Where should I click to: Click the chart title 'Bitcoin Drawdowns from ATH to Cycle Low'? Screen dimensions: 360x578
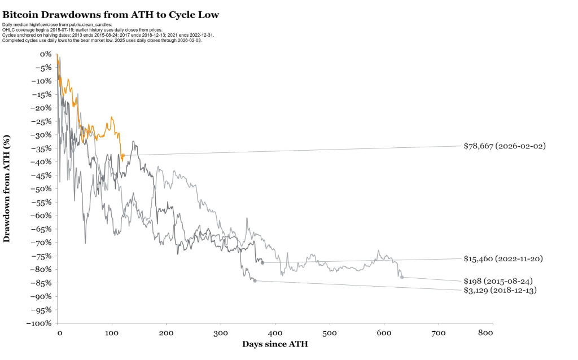click(x=111, y=14)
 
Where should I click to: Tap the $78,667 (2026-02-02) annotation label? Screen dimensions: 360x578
click(x=505, y=146)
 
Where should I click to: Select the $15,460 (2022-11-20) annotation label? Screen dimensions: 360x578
click(x=505, y=258)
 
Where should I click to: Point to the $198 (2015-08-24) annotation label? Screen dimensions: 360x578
click(x=498, y=280)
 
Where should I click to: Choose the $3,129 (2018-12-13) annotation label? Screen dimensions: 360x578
click(x=500, y=290)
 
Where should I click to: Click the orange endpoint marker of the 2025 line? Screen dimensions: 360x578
click(x=122, y=155)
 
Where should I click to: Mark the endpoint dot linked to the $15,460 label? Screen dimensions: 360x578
click(x=262, y=262)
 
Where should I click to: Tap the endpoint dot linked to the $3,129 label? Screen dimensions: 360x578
click(x=255, y=280)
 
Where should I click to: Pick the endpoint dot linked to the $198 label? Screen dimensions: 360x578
click(x=402, y=276)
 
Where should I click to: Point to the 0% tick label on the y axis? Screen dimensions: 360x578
click(x=46, y=54)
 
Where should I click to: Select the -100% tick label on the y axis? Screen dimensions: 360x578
click(x=41, y=323)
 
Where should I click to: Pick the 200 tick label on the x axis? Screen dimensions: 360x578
click(x=166, y=333)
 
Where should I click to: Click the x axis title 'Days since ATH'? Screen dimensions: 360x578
click(x=275, y=344)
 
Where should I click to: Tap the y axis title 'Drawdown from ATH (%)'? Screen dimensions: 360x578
click(x=7, y=188)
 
